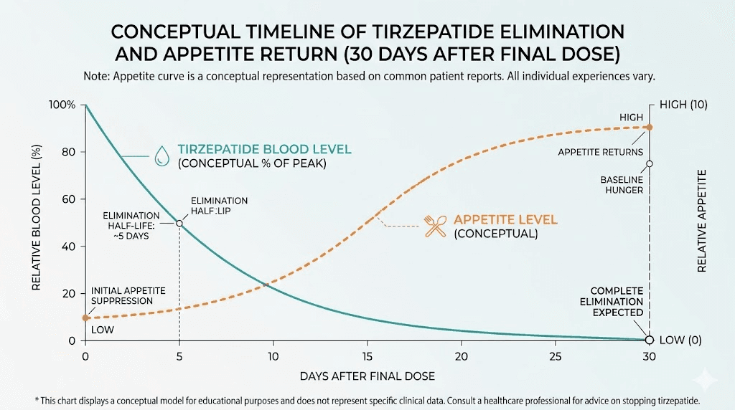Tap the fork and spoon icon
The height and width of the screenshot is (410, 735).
coord(436,225)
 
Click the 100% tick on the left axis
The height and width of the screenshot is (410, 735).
coord(62,105)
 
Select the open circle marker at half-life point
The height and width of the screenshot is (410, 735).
coord(179,224)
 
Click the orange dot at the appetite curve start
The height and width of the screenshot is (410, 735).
coord(85,318)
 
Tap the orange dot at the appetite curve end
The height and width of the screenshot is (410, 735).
coord(649,127)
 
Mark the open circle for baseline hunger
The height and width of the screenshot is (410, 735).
coord(649,163)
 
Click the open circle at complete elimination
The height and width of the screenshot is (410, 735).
coord(649,340)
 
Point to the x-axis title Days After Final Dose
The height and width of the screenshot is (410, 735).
coord(367,376)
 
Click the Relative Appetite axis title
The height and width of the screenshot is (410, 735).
coord(702,221)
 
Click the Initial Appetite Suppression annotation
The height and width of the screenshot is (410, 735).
coord(128,295)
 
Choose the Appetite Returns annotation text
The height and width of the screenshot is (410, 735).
coord(601,152)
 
